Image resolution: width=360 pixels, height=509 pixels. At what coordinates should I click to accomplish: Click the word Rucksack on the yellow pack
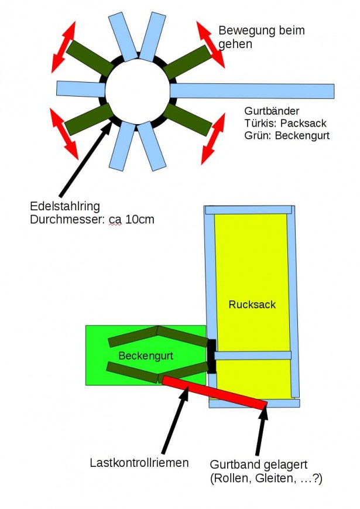252,305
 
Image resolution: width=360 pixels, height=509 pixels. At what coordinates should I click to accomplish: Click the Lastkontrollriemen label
139,463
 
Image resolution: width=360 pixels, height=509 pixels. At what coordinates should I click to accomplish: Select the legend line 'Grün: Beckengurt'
286,136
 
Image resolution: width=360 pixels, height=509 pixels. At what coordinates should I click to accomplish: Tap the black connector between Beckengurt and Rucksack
212,356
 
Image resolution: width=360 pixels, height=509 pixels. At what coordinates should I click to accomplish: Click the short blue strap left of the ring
80,88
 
